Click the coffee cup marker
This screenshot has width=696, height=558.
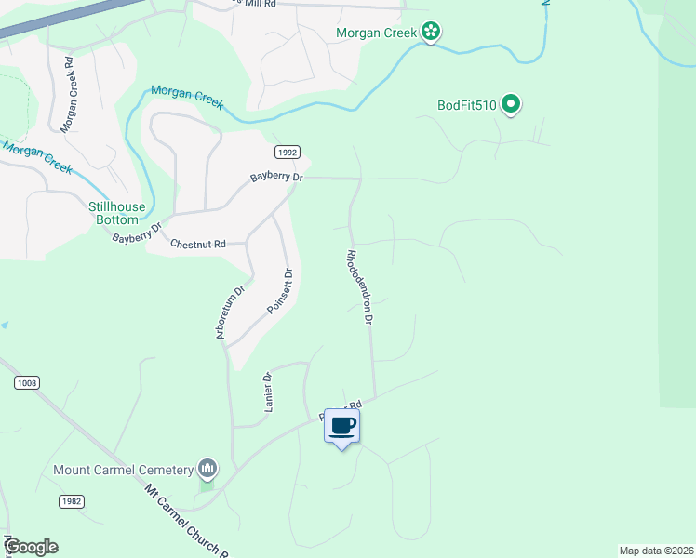[342, 426]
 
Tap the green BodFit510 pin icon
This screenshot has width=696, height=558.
[510, 105]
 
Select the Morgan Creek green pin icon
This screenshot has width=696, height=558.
[430, 33]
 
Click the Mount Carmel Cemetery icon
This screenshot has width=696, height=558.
[207, 469]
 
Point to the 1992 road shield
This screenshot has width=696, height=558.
[287, 152]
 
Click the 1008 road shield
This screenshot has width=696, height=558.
[28, 382]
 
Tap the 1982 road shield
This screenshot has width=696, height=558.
[71, 501]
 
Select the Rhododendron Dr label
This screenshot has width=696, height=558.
[360, 286]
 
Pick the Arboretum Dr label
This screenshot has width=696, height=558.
[230, 312]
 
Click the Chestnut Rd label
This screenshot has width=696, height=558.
[198, 244]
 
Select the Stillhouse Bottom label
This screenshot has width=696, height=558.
[114, 213]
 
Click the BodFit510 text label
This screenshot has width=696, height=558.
[467, 105]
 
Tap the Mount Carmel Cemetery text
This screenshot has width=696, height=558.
[123, 470]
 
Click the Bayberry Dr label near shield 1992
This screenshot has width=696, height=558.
[276, 177]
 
